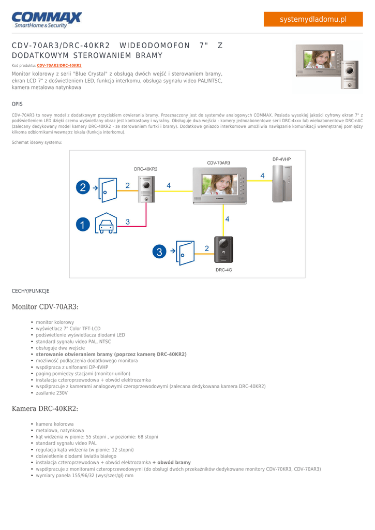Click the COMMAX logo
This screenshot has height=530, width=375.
(47, 20)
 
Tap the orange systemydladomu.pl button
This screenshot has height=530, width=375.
(313, 19)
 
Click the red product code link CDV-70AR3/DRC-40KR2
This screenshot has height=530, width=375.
(59, 66)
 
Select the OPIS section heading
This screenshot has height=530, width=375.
(17, 104)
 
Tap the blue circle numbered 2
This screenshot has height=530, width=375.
(83, 187)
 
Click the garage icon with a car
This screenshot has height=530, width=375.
(106, 223)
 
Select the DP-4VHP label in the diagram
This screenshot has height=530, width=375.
(281, 159)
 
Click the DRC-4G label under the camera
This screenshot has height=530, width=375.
(224, 270)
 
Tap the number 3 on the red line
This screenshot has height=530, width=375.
(127, 222)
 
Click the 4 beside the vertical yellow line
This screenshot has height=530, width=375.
(227, 219)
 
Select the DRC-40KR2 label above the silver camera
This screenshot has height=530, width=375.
(145, 169)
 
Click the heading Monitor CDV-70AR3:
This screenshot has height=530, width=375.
(45, 307)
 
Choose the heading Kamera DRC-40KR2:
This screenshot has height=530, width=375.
(45, 409)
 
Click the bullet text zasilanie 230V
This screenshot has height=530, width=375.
(52, 393)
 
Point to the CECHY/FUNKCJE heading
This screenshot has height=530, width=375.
(31, 291)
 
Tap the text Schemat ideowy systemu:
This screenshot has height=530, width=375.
(37, 142)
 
